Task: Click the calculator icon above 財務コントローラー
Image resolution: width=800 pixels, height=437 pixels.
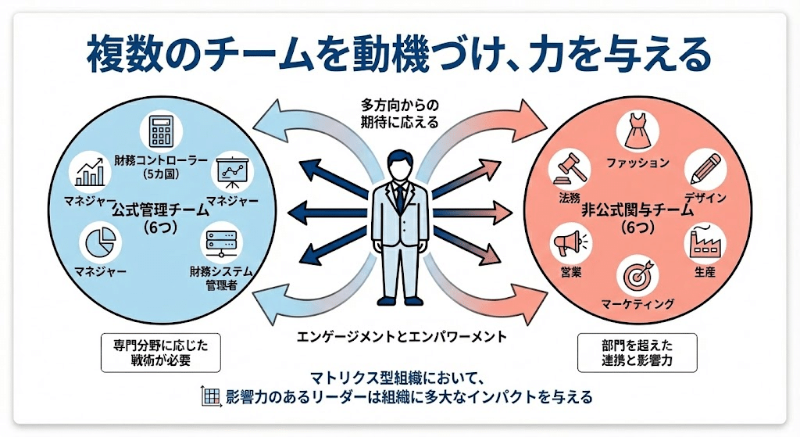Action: pyautogui.click(x=162, y=131)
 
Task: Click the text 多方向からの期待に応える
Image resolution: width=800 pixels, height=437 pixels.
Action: pyautogui.click(x=399, y=113)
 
